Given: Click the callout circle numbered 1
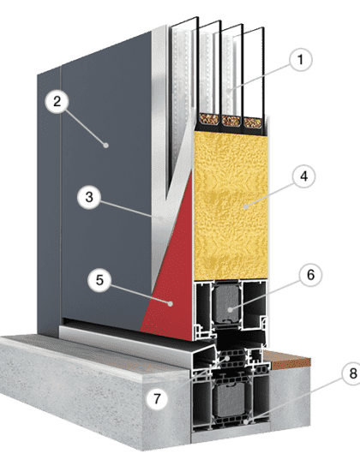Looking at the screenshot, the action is click(x=301, y=59).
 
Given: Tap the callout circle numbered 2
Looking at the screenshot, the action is click(x=57, y=102).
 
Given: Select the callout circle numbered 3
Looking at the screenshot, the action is click(x=89, y=197).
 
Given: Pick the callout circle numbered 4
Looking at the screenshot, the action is click(x=304, y=176).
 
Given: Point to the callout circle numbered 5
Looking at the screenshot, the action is click(x=99, y=280).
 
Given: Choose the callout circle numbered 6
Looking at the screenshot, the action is click(x=310, y=275).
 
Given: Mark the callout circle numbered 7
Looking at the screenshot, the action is click(x=157, y=399).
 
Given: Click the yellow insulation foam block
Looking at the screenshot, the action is click(x=231, y=206).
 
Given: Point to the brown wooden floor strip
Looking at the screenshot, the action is click(x=287, y=360).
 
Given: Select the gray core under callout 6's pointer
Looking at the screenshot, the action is click(x=226, y=303).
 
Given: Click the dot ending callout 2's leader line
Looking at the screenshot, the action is click(x=106, y=145).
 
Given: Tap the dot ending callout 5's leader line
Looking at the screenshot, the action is click(x=171, y=304).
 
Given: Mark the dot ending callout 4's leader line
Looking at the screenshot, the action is click(x=246, y=206).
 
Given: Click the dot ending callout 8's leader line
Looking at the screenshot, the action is click(x=246, y=421).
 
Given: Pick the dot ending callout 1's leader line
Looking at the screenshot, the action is click(x=229, y=90).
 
